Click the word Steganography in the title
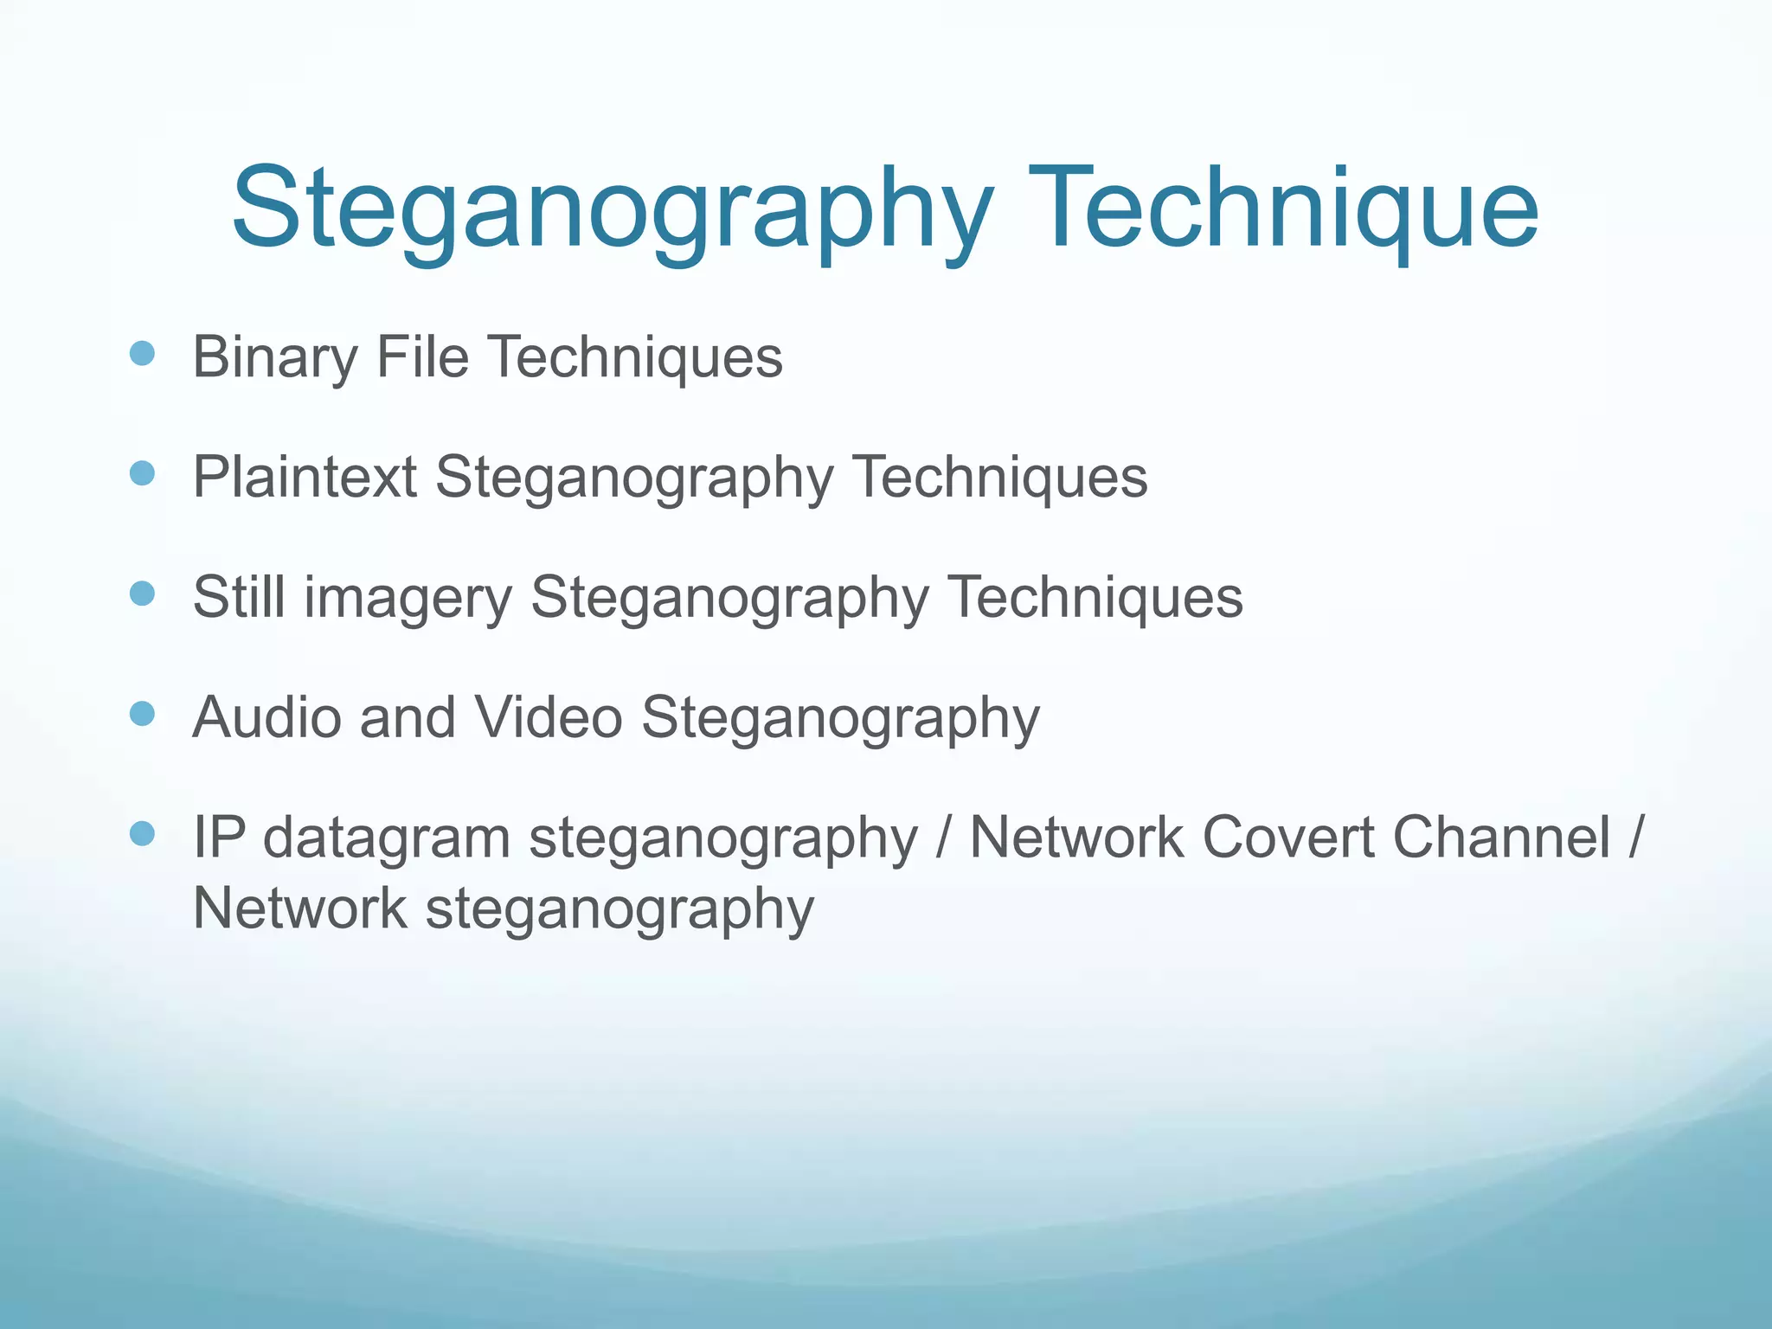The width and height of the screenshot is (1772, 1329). [613, 210]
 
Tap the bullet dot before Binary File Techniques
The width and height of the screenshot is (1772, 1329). [142, 354]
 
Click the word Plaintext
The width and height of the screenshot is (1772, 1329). [305, 477]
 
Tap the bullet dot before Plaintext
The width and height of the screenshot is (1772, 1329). [142, 473]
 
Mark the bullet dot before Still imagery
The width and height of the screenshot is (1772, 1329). [142, 594]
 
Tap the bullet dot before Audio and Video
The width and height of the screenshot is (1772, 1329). [142, 714]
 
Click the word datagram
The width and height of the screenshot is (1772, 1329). [386, 839]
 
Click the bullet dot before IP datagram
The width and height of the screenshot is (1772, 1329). [142, 834]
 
